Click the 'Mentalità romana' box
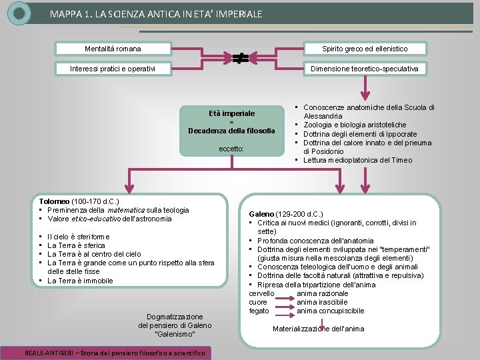[x=113, y=49]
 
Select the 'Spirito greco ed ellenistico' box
[x=365, y=49]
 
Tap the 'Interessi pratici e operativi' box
[x=113, y=69]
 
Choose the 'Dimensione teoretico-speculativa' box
[x=365, y=69]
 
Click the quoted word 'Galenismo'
[x=175, y=334]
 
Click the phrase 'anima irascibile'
[x=322, y=303]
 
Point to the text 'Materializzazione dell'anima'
[x=318, y=329]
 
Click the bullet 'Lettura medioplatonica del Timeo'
[x=357, y=160]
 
